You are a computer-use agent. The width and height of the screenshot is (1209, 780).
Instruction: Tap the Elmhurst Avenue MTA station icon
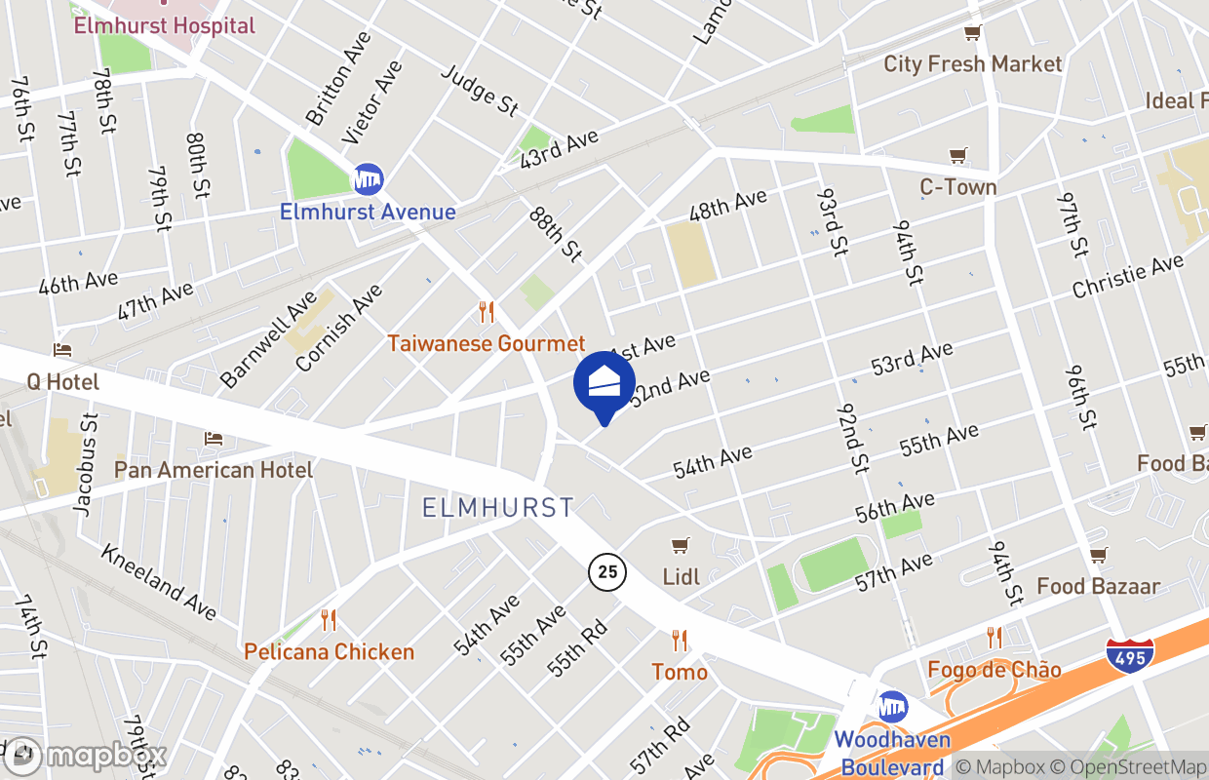click(368, 179)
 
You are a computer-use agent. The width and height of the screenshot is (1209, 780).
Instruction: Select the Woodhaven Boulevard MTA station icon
click(892, 707)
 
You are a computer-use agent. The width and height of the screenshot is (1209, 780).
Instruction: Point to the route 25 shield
click(607, 570)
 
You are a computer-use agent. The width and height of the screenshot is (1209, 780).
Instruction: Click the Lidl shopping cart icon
click(681, 546)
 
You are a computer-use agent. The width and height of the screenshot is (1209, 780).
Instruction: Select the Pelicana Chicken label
click(329, 651)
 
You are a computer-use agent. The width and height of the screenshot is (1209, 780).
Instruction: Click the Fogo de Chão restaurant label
click(994, 670)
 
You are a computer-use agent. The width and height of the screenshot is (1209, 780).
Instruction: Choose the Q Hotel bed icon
click(62, 350)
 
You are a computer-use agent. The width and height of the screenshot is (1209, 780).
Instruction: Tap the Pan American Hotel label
click(214, 470)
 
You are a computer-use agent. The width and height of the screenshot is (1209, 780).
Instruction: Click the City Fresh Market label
click(972, 64)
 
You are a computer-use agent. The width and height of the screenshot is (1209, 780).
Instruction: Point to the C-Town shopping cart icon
click(958, 155)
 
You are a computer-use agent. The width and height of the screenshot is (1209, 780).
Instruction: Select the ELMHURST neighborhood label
click(498, 507)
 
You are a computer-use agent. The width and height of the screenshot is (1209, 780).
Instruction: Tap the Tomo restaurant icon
click(680, 641)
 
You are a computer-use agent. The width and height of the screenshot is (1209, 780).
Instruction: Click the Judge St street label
click(481, 90)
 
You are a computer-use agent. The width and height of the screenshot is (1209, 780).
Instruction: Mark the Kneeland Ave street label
click(158, 581)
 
